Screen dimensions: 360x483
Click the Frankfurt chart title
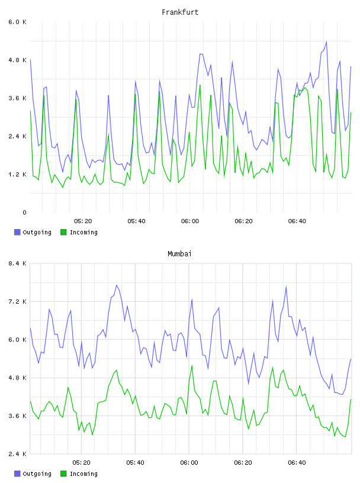pos(180,12)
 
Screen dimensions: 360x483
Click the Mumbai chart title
pos(179,254)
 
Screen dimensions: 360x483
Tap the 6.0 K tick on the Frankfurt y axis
pos(18,22)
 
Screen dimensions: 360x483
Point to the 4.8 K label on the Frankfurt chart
pos(18,60)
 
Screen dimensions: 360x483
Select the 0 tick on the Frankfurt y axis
pos(24,212)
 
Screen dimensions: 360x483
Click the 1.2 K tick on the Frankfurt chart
pos(18,175)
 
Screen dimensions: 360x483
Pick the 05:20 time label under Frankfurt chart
pos(83,221)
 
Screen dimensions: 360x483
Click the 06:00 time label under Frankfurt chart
pos(190,221)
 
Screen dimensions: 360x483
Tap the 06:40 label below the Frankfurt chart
pos(297,221)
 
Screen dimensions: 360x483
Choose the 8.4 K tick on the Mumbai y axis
pos(18,263)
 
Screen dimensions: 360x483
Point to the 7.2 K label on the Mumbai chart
pos(18,301)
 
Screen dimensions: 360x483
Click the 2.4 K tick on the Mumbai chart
pos(18,454)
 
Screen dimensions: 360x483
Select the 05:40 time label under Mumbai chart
pos(136,463)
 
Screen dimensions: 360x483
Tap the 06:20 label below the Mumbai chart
pos(243,463)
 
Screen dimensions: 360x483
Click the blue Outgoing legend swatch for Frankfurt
pos(17,232)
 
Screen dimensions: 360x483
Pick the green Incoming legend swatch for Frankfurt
pos(63,232)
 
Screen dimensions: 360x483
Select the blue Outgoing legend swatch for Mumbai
pos(17,474)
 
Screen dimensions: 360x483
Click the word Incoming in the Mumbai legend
pos(83,474)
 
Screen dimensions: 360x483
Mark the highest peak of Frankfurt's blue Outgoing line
pos(326,41)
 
